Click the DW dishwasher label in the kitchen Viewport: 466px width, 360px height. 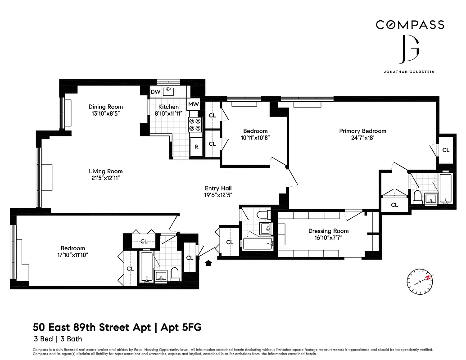click(155, 92)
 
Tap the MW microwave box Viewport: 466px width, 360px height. click(194, 104)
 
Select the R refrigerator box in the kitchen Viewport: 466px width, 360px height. click(196, 147)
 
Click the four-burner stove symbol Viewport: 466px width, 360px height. click(195, 125)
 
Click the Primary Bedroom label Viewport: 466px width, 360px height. click(362, 131)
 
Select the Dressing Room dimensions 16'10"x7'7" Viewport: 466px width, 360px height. click(328, 238)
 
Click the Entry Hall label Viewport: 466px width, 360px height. click(218, 188)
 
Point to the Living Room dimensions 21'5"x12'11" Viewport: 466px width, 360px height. click(105, 178)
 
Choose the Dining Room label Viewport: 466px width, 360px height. click(105, 107)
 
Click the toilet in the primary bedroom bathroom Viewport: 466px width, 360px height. click(417, 197)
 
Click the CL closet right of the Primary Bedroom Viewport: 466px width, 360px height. click(446, 150)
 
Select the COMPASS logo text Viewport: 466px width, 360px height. click(410, 25)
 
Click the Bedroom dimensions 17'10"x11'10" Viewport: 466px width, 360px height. click(73, 255)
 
